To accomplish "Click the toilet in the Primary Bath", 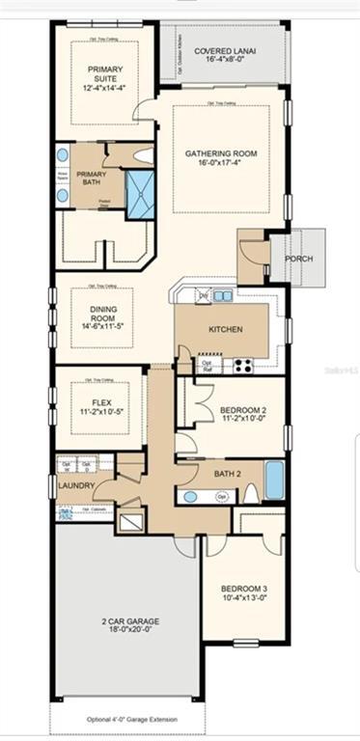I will [142, 154].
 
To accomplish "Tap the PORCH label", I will [299, 259].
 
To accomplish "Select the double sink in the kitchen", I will [222, 296].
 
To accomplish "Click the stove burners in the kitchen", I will [240, 365].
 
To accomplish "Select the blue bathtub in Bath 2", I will [275, 480].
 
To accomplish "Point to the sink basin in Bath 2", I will [191, 496].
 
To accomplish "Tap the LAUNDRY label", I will [75, 485].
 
